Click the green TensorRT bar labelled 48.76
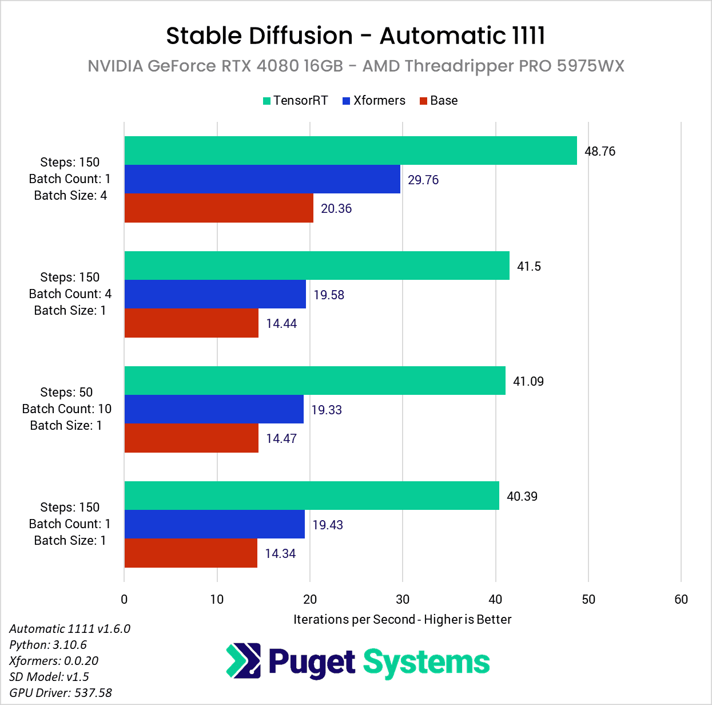pos(350,150)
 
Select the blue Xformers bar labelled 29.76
pos(262,179)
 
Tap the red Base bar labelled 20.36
pos(218,208)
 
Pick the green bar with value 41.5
pos(316,266)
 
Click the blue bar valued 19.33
pos(213,409)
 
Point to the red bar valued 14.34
pos(190,553)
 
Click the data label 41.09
pos(528,381)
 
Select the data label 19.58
pos(329,295)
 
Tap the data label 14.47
pos(281,438)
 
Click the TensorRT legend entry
pos(295,101)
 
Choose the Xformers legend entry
pos(373,101)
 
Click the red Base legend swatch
pos(423,101)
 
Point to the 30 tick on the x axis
pos(403,599)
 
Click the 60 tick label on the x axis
pos(681,599)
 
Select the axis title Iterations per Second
pos(402,619)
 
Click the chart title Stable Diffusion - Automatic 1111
pos(355,35)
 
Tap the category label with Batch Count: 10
pos(66,409)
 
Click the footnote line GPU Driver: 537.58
pos(61,692)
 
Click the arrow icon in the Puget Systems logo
pos(244,661)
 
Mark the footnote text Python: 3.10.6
pos(48,644)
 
